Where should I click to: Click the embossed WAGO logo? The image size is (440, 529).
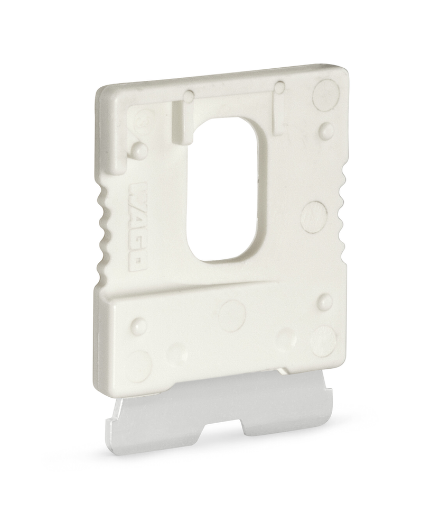point(138,227)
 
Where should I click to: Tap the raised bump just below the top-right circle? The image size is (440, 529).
point(326,129)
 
